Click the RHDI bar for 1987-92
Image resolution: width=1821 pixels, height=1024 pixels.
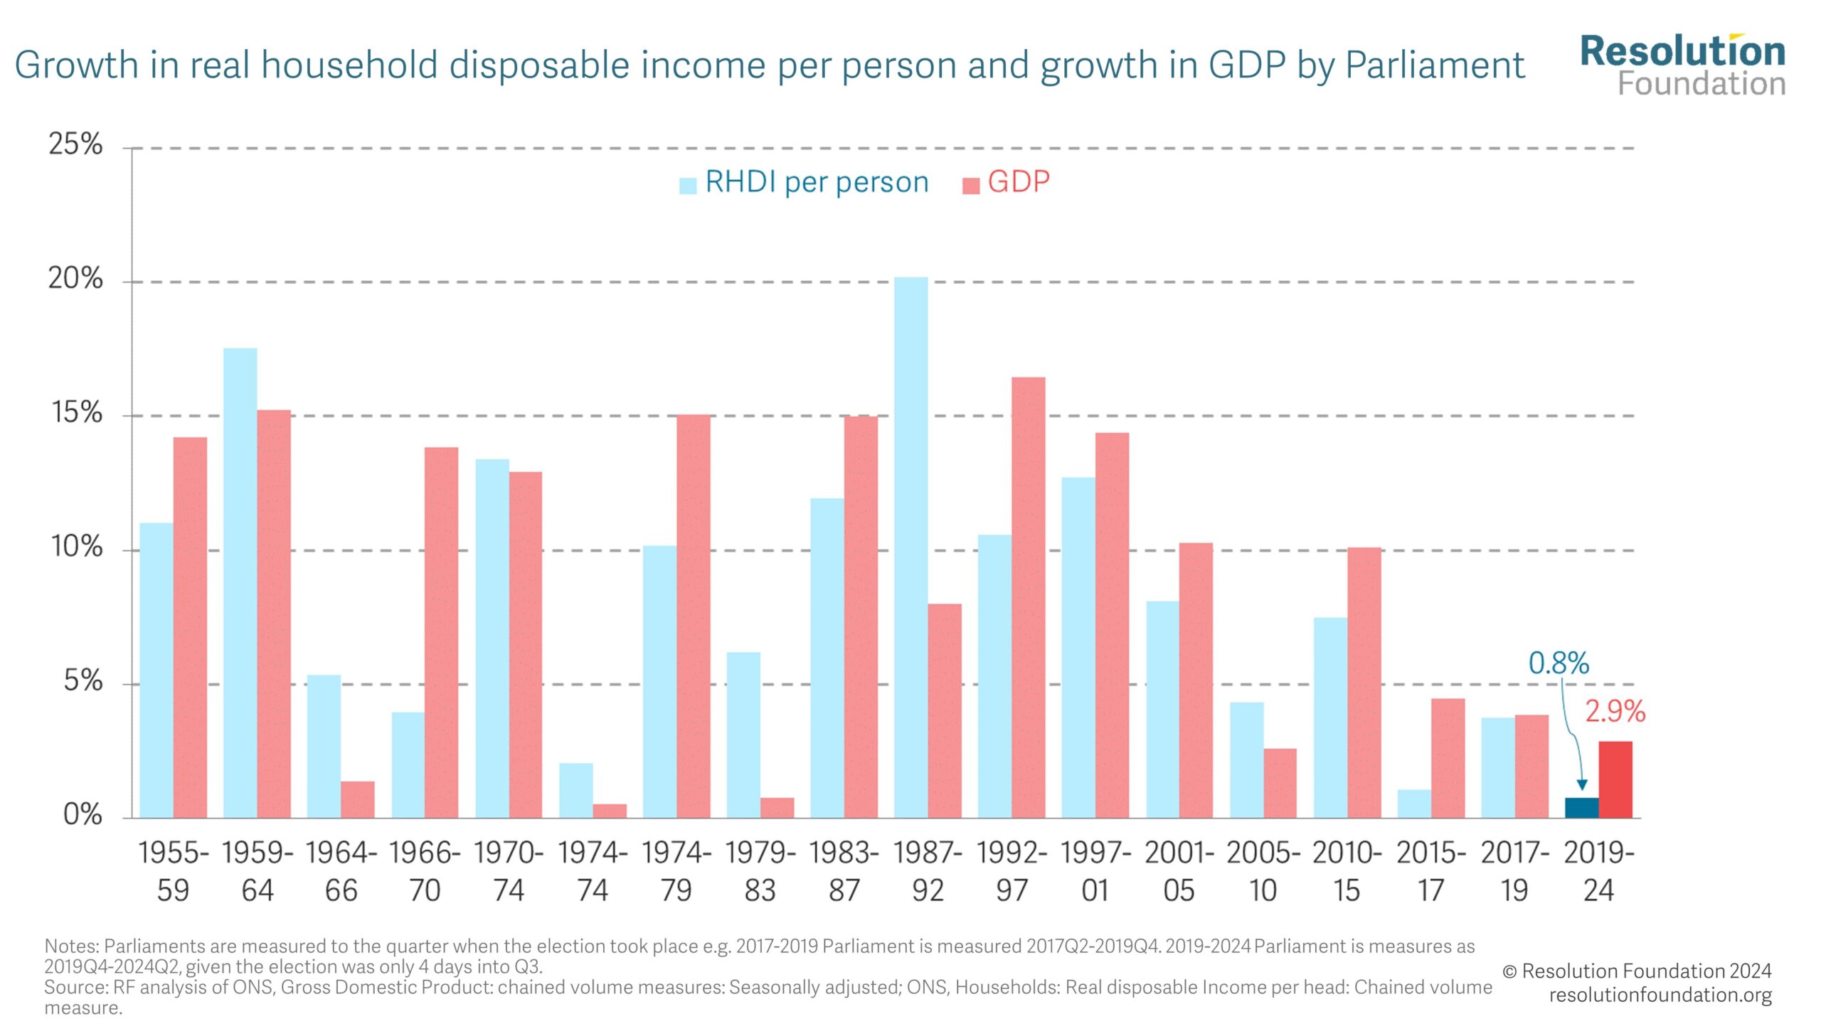pos(910,548)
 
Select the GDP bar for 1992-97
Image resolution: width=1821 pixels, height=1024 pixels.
pos(1028,597)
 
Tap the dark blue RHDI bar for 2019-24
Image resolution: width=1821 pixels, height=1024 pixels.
pos(1581,808)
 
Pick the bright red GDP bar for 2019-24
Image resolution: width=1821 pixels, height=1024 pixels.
pos(1615,780)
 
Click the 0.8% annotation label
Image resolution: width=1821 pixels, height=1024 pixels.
pos(1559,663)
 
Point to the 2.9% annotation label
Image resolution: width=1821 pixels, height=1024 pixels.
pos(1615,712)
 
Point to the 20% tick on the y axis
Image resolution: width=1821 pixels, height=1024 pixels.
pos(75,278)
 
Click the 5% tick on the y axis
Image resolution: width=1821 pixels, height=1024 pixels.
pos(83,681)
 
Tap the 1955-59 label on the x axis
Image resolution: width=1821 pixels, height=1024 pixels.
pos(173,871)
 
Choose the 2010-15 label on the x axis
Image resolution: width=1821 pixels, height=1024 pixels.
pos(1347,871)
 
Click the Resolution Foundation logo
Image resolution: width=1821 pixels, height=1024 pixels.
pos(1682,65)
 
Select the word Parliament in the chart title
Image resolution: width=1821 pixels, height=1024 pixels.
pos(1435,65)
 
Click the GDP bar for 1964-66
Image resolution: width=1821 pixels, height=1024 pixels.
pos(357,800)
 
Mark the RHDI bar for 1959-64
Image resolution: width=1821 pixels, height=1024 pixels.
pos(240,583)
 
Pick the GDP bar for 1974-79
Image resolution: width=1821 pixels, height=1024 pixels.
pos(693,616)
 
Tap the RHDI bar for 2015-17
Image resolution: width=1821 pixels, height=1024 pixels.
pos(1413,804)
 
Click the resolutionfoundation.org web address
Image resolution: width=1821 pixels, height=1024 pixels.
pos(1660,994)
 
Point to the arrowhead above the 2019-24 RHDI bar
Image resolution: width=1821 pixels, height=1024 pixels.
pos(1582,784)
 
